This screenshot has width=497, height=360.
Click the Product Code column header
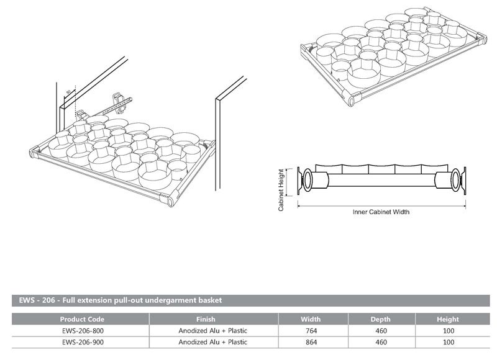point(78,319)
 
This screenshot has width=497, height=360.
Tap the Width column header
point(311,319)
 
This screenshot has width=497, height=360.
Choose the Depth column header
point(380,319)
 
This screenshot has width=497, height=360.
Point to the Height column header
point(447,319)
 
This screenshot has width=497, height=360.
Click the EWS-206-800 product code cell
point(78,331)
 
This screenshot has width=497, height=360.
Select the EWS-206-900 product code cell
point(78,342)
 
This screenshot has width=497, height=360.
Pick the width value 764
point(311,331)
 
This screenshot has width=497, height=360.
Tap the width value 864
point(311,342)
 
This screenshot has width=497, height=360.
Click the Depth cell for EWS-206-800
point(380,331)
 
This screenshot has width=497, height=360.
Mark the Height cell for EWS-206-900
point(447,342)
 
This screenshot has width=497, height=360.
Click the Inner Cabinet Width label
point(381,212)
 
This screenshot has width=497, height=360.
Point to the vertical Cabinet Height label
point(281,190)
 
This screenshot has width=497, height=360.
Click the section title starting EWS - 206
point(118,300)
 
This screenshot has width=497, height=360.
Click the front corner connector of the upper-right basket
point(351,98)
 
